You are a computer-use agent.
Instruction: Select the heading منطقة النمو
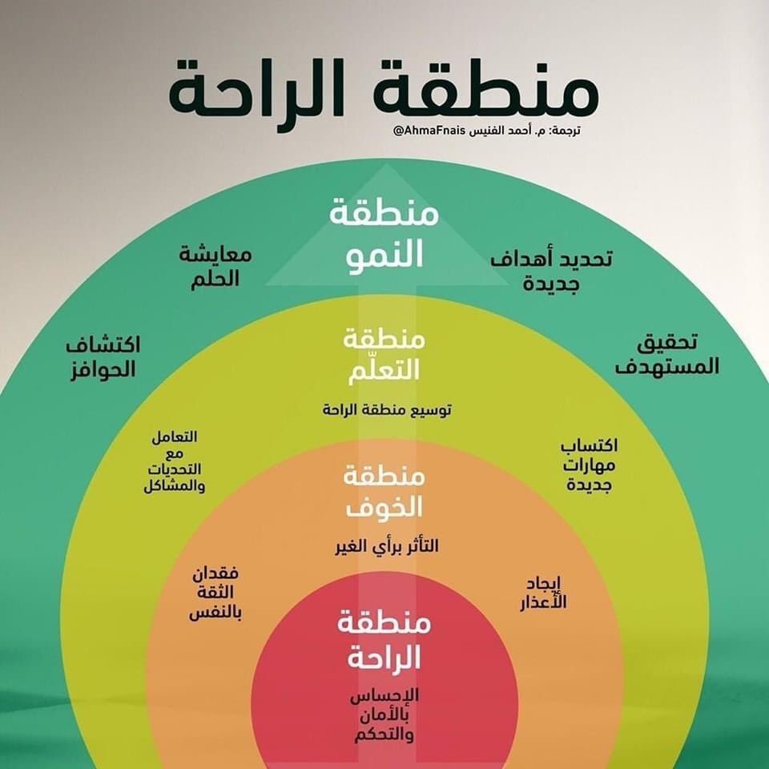[x=384, y=236]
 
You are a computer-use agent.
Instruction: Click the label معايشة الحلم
[x=215, y=268]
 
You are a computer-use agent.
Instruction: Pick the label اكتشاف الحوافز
[x=102, y=357]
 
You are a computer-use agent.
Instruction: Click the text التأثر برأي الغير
[x=387, y=546]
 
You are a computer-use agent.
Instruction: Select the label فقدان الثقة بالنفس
[x=215, y=594]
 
